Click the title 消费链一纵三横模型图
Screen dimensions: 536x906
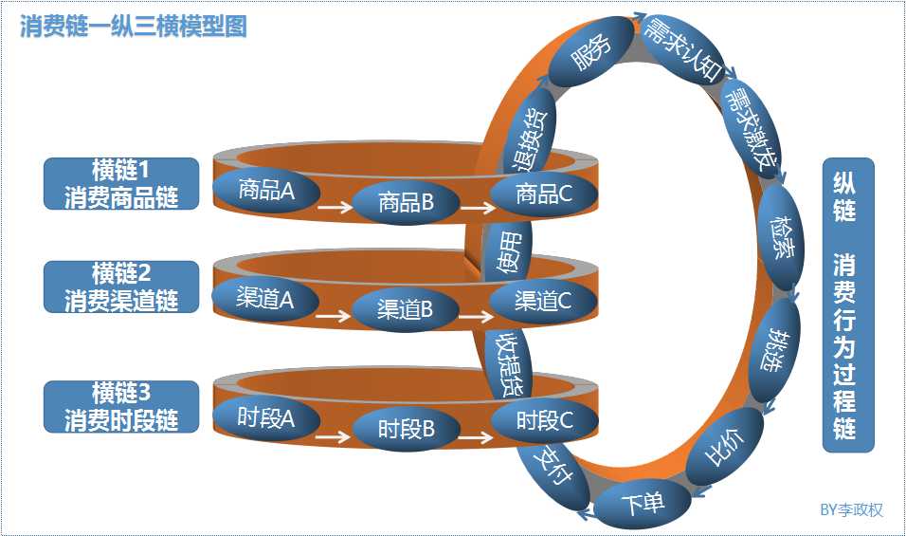coord(133,26)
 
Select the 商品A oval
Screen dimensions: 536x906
coord(266,190)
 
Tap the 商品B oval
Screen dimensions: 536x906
coord(406,201)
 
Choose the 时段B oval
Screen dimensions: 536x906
coord(406,429)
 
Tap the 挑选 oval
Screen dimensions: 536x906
coord(774,350)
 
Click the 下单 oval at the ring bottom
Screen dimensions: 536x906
coord(643,504)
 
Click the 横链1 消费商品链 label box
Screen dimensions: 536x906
coord(121,184)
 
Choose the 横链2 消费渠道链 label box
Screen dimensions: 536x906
coord(121,287)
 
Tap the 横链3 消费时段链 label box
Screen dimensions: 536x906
coord(121,406)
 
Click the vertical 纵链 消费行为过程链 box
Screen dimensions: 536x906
coord(847,305)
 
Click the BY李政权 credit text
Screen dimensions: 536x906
coord(851,510)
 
